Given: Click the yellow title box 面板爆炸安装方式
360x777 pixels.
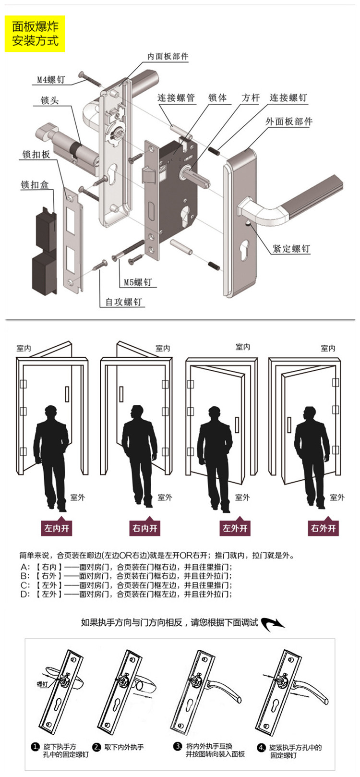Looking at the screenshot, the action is [35, 33].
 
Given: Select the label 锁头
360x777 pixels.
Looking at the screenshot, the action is [49, 101].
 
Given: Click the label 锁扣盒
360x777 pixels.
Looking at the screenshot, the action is [35, 184].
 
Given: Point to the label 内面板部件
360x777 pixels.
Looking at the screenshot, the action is [168, 57].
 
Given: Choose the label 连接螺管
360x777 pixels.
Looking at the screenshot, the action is [176, 98].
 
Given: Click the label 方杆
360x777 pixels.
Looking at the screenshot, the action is [251, 98].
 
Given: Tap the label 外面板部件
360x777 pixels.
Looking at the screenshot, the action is [289, 121].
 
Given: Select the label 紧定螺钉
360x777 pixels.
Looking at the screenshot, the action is [291, 248].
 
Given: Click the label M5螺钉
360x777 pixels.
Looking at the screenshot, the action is [138, 282].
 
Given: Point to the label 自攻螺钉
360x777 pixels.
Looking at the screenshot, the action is [124, 302].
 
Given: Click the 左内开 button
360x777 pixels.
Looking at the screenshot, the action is [57, 528].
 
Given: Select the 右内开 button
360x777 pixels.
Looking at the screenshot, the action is [144, 528].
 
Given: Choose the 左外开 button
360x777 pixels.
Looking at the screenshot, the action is [235, 528].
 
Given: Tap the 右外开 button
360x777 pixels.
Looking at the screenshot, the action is [324, 528].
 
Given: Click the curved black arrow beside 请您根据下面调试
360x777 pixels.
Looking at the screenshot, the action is [273, 623].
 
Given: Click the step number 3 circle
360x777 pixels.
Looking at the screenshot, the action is [178, 746].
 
